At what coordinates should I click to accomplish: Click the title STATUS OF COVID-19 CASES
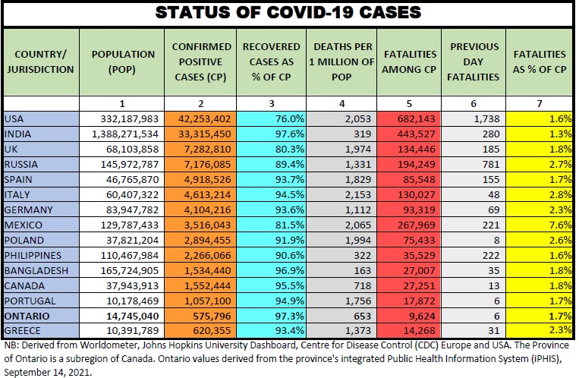pyautogui.click(x=288, y=13)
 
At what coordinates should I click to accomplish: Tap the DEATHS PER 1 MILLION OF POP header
pyautogui.click(x=341, y=61)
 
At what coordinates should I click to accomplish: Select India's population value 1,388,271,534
pyautogui.click(x=121, y=133)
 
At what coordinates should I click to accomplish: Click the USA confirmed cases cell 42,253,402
pyautogui.click(x=200, y=118)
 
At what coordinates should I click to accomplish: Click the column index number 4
pyautogui.click(x=341, y=103)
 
